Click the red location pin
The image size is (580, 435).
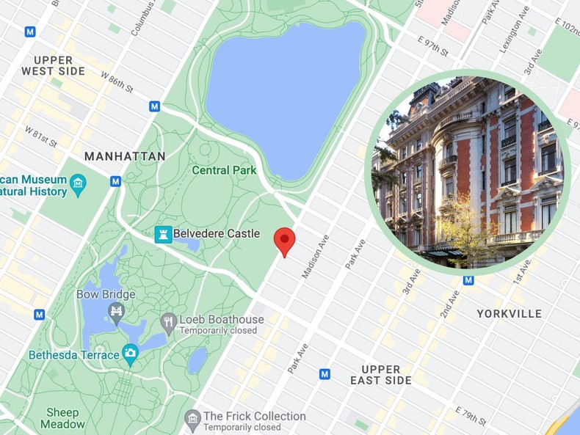[x=284, y=241]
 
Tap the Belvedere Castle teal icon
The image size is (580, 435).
[x=163, y=234]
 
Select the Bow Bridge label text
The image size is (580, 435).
[x=106, y=294]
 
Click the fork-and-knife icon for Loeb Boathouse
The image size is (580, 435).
[x=169, y=321]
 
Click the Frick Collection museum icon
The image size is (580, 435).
[x=192, y=417]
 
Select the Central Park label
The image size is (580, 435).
[x=224, y=170]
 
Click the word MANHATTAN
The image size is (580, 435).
[x=124, y=156]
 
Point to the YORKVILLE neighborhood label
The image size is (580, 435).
[x=509, y=313]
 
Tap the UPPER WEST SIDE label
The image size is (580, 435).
[x=53, y=65]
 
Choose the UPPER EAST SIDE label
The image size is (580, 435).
[x=381, y=374]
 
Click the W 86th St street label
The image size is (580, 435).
[x=117, y=82]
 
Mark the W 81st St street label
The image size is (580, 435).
[x=41, y=136]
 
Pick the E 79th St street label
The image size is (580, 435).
[x=471, y=415]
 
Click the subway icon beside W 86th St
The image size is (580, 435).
[x=154, y=106]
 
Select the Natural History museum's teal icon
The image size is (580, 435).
[x=78, y=182]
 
